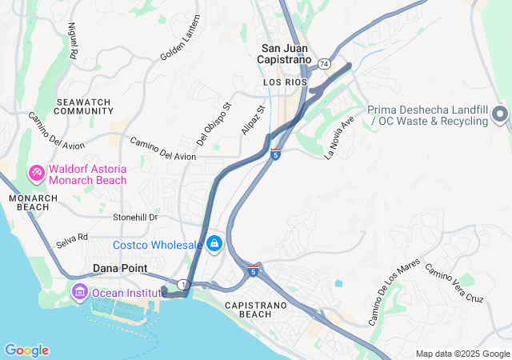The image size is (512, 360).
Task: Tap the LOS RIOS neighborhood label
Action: pyautogui.click(x=281, y=82)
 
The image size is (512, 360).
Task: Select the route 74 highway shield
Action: pyautogui.click(x=324, y=63)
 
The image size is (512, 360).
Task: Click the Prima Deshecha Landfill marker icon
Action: pyautogui.click(x=501, y=114)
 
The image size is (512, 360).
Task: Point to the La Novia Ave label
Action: pyautogui.click(x=339, y=138)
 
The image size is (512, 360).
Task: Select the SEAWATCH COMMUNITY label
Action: pyautogui.click(x=85, y=106)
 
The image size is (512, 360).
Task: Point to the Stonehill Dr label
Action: pyautogui.click(x=136, y=217)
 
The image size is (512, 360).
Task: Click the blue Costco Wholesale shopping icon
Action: pyautogui.click(x=214, y=243)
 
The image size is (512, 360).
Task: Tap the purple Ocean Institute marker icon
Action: pyautogui.click(x=79, y=292)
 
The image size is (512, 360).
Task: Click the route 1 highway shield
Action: pyautogui.click(x=183, y=284)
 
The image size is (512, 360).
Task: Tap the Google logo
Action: pyautogui.click(x=26, y=350)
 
